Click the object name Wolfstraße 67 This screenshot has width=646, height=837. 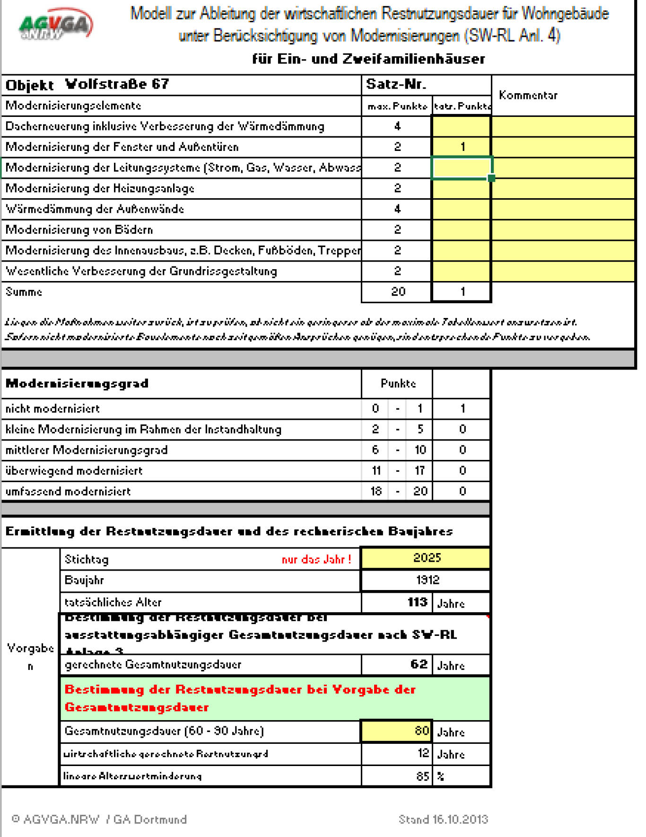[x=117, y=84]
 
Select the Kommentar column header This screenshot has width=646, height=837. [x=528, y=95]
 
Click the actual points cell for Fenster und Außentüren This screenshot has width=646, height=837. [x=462, y=147]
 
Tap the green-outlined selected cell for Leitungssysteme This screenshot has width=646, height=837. [x=462, y=167]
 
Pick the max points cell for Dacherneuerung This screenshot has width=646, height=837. [x=397, y=126]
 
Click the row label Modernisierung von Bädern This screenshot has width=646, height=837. [x=79, y=230]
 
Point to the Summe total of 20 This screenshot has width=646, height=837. [x=398, y=291]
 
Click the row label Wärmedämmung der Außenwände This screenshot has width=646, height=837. [x=95, y=209]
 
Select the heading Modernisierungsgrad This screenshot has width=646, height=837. [x=77, y=383]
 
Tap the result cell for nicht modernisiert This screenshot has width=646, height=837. [x=462, y=409]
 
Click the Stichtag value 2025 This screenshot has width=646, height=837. [x=427, y=558]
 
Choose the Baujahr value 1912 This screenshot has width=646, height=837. [x=427, y=580]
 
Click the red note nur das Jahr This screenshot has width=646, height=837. [x=316, y=560]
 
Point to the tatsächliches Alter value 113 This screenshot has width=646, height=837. [x=417, y=602]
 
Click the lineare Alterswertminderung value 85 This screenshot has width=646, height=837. [x=422, y=776]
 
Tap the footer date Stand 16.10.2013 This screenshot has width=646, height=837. [x=443, y=819]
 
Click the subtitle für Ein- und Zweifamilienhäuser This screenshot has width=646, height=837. [x=368, y=59]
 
